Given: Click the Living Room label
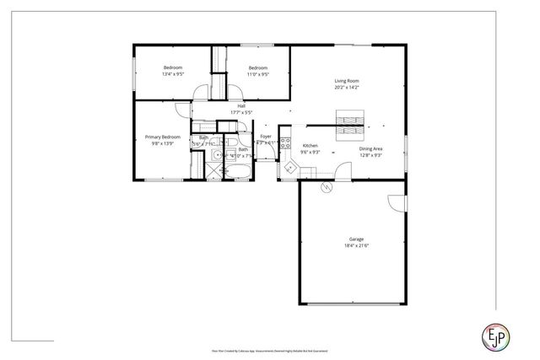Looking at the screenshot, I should click(347, 81).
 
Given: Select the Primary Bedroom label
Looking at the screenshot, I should click(163, 137).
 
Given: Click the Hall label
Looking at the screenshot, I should click(241, 105).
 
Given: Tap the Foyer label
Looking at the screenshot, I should click(266, 136).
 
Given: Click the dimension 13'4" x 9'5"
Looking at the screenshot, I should click(173, 74).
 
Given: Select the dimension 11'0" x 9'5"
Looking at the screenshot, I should click(257, 74).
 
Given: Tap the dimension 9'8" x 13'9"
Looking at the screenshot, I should click(163, 143).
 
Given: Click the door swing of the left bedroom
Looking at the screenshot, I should click(200, 94).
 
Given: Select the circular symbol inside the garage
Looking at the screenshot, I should click(326, 189).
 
